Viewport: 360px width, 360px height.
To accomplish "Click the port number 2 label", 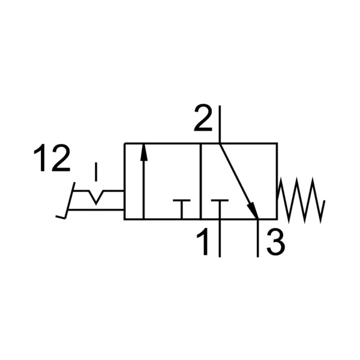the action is click(x=203, y=118).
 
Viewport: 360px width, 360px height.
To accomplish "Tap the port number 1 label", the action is click(x=203, y=242).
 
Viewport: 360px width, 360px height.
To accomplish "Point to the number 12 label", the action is click(x=52, y=158).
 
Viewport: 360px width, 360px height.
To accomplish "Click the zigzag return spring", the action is click(x=301, y=200).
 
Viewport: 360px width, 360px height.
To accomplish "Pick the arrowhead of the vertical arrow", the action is click(x=144, y=152).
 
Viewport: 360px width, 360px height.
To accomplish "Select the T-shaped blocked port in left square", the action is click(x=182, y=209).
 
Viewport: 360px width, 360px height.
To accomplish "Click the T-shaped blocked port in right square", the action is click(x=220, y=209).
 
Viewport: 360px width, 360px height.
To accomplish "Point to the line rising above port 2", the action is click(x=220, y=124).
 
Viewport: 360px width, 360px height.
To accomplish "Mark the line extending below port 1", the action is click(x=220, y=238).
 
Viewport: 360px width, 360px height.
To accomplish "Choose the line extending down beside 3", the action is click(x=258, y=238).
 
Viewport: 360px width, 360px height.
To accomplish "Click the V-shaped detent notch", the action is click(x=96, y=197).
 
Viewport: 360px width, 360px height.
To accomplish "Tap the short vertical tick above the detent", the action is click(x=96, y=172).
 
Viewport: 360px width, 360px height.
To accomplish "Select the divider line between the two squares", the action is click(x=200, y=181).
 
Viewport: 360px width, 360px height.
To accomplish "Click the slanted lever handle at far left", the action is click(x=70, y=200).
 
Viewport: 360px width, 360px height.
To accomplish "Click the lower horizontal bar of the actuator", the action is click(x=96, y=209).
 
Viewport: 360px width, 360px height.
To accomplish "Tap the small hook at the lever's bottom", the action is click(x=61, y=217).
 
